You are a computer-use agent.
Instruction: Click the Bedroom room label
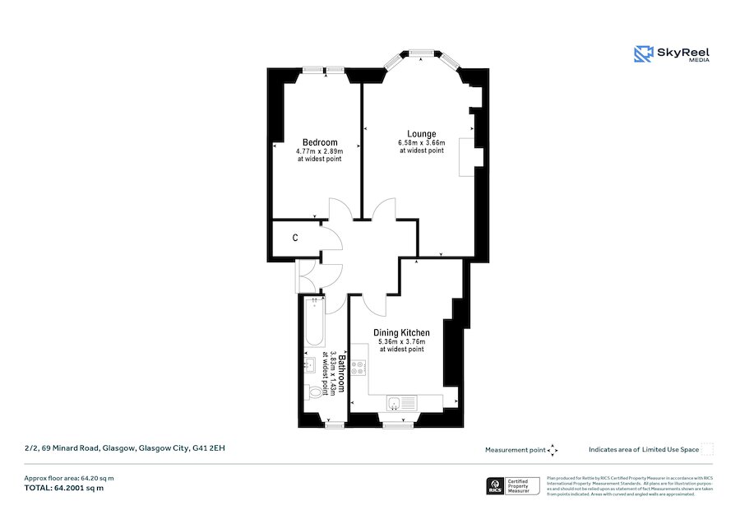pyautogui.click(x=319, y=142)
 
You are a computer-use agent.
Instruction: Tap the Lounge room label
pyautogui.click(x=422, y=133)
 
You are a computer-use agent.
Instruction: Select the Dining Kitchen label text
pyautogui.click(x=401, y=332)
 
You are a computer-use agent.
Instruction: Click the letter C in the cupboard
pyautogui.click(x=295, y=239)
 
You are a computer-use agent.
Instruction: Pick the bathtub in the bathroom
pyautogui.click(x=312, y=324)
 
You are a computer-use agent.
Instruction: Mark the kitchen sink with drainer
pyautogui.click(x=402, y=402)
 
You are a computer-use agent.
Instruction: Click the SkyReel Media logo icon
pyautogui.click(x=643, y=54)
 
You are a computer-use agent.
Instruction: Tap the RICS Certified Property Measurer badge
pyautogui.click(x=514, y=486)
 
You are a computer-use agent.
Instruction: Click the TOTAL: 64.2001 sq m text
pyautogui.click(x=64, y=488)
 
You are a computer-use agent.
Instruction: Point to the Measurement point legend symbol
pyautogui.click(x=553, y=450)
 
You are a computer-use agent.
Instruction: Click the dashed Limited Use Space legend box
pyautogui.click(x=707, y=449)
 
